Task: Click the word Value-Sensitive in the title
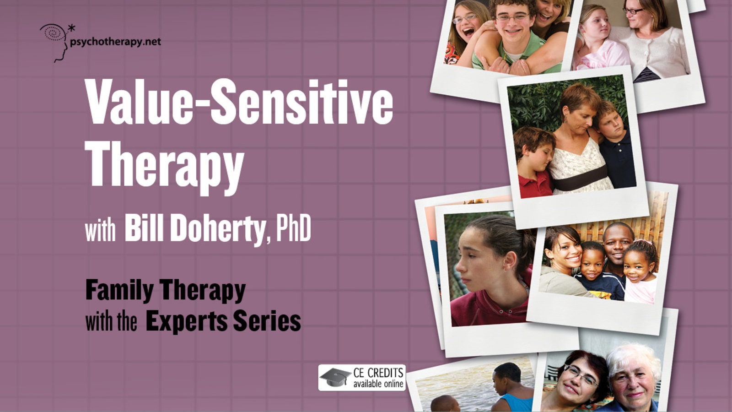239,102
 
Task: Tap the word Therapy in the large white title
164,168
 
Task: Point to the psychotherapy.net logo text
115,42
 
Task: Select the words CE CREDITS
378,373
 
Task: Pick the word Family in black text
119,291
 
